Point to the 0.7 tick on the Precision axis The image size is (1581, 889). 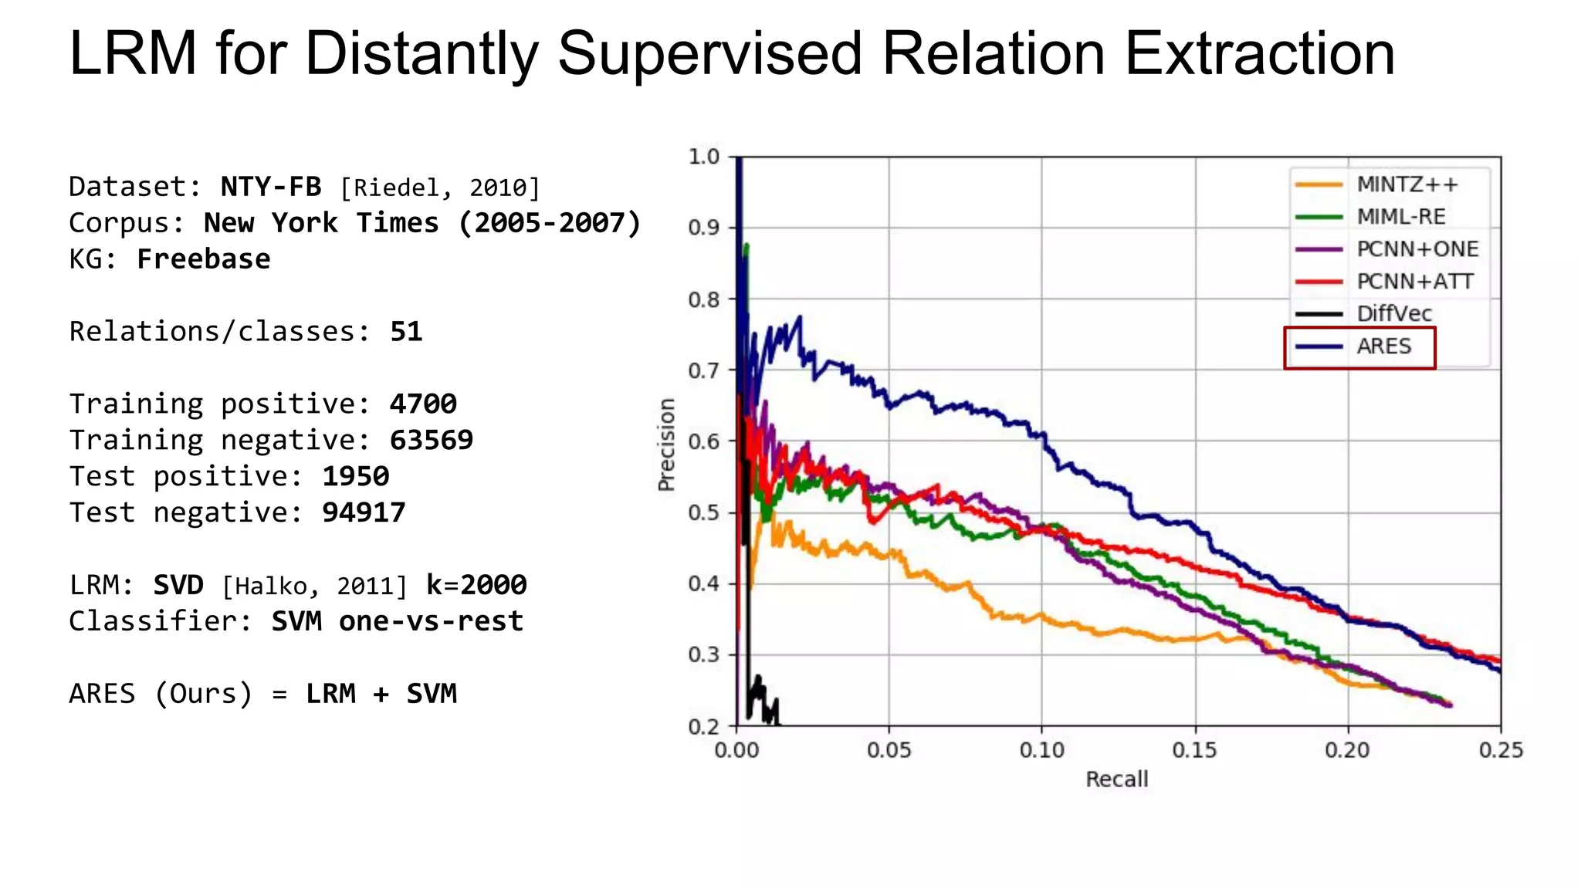tap(703, 370)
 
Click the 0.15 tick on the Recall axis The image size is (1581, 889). tap(1194, 750)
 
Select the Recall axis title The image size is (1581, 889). tap(1116, 779)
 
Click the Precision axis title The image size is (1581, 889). tap(666, 444)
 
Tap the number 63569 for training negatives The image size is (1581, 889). tap(431, 440)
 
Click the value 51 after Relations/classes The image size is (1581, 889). tap(406, 331)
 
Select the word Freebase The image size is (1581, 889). tap(203, 259)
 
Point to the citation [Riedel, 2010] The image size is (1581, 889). tap(440, 188)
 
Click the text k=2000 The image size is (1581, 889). tap(476, 585)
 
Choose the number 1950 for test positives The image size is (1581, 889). tap(355, 476)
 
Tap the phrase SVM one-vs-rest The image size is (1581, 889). tap(397, 621)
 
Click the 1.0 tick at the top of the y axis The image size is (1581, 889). tap(703, 157)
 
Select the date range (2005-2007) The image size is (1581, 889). tap(550, 223)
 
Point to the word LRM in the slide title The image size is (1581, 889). tap(133, 54)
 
